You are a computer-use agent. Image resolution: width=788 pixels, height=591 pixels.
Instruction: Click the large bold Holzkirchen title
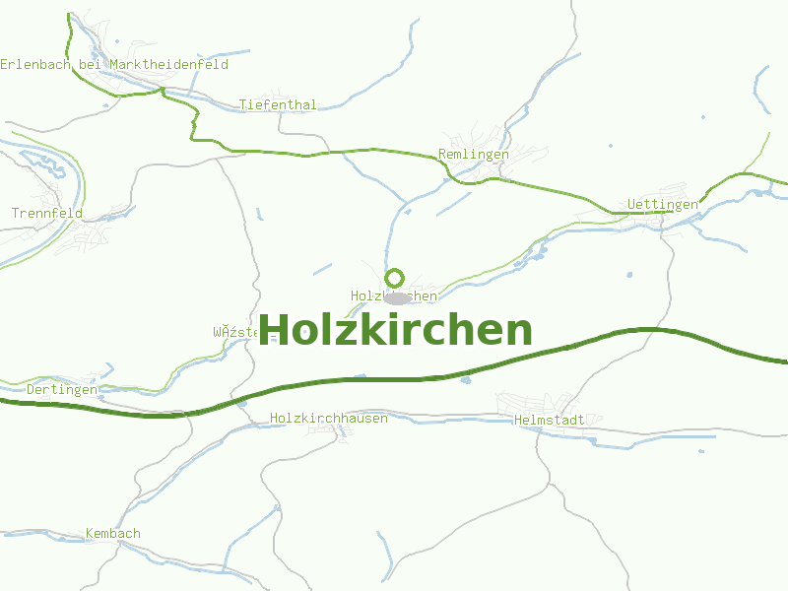point(395,330)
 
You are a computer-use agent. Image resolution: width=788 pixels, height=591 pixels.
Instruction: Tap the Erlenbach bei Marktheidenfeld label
point(114,65)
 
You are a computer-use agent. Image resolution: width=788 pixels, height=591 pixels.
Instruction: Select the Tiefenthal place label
point(278,105)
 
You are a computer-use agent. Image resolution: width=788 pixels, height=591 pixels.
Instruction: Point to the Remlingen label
point(474,155)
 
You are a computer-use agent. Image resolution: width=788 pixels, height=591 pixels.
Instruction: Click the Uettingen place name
point(663,205)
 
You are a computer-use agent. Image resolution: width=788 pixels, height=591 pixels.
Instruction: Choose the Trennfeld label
point(47,214)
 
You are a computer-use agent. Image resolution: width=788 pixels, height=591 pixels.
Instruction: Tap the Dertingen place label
point(62,390)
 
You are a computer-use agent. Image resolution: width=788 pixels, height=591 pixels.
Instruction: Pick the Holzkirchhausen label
point(329,419)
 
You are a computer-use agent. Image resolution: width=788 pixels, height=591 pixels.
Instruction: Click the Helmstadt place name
point(550,420)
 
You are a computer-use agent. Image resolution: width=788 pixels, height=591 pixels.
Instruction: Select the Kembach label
point(113,534)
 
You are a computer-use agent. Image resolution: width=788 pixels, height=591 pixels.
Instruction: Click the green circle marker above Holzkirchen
point(395,278)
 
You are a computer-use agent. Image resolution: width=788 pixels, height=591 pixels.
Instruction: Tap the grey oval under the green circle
point(397,297)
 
